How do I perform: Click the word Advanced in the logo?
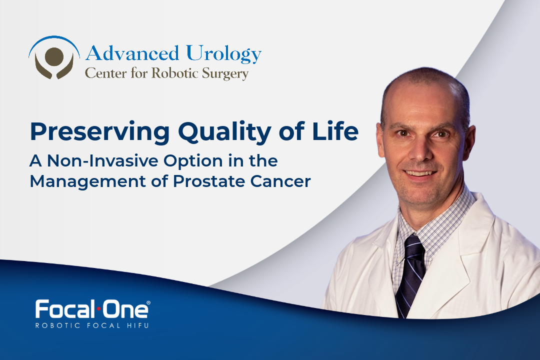point(132,53)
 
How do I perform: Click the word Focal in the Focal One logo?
point(63,309)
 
